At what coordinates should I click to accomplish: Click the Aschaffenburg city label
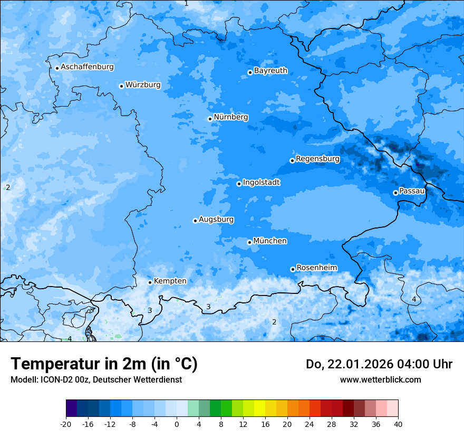[87, 67]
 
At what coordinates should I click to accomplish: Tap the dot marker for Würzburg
[121, 86]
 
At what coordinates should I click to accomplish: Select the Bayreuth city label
[270, 71]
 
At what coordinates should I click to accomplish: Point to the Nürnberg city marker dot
[210, 119]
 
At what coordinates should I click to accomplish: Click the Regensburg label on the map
[317, 159]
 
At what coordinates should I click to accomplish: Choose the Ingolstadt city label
[261, 183]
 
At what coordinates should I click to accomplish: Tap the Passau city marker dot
[395, 193]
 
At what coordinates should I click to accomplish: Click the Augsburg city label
[216, 220]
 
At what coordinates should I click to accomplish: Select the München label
[270, 241]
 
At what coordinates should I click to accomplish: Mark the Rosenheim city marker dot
[293, 269]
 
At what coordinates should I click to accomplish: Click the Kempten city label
[170, 281]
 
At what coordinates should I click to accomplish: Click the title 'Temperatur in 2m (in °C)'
[104, 364]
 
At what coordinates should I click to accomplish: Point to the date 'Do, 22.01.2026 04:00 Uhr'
[379, 364]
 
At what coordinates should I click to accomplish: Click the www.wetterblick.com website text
[380, 380]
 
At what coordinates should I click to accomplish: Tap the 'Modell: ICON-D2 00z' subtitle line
[96, 380]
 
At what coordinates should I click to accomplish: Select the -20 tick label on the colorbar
[66, 424]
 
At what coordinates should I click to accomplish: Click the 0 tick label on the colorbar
[177, 424]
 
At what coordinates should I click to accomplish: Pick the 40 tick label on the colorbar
[398, 424]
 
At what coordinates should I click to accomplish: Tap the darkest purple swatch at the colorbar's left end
[72, 408]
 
